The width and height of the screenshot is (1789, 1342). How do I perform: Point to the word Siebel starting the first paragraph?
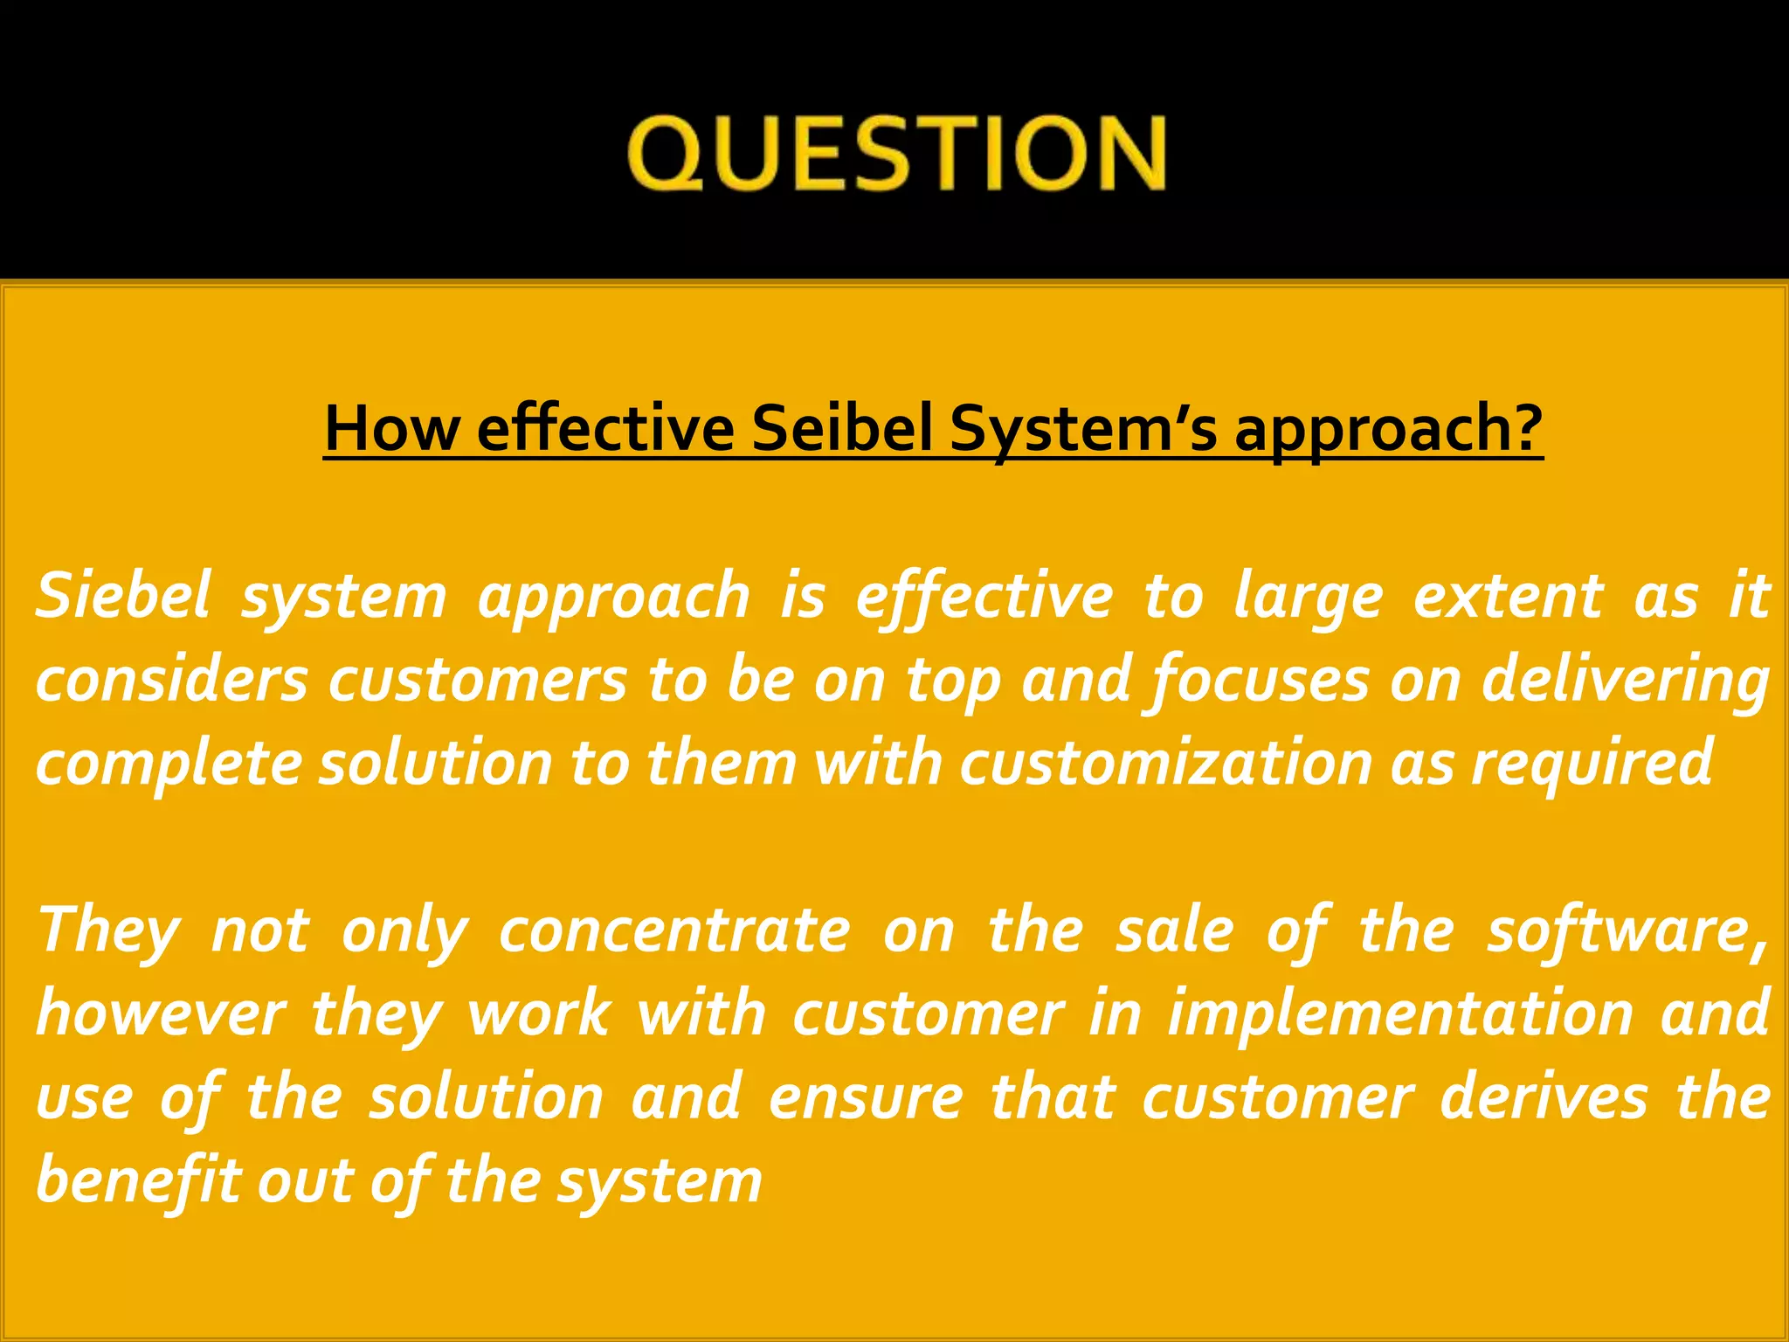pos(123,595)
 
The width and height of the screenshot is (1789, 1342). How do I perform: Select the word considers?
pos(172,680)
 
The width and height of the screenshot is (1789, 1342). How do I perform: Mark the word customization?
pos(1164,763)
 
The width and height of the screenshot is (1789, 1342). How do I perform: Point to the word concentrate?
pos(674,930)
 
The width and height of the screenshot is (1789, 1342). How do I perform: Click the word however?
pos(161,1014)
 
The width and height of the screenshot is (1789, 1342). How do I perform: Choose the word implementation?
pos(1400,1014)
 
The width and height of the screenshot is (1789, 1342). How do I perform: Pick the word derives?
pos(1544,1097)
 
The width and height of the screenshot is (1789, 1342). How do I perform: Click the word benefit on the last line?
pos(138,1181)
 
